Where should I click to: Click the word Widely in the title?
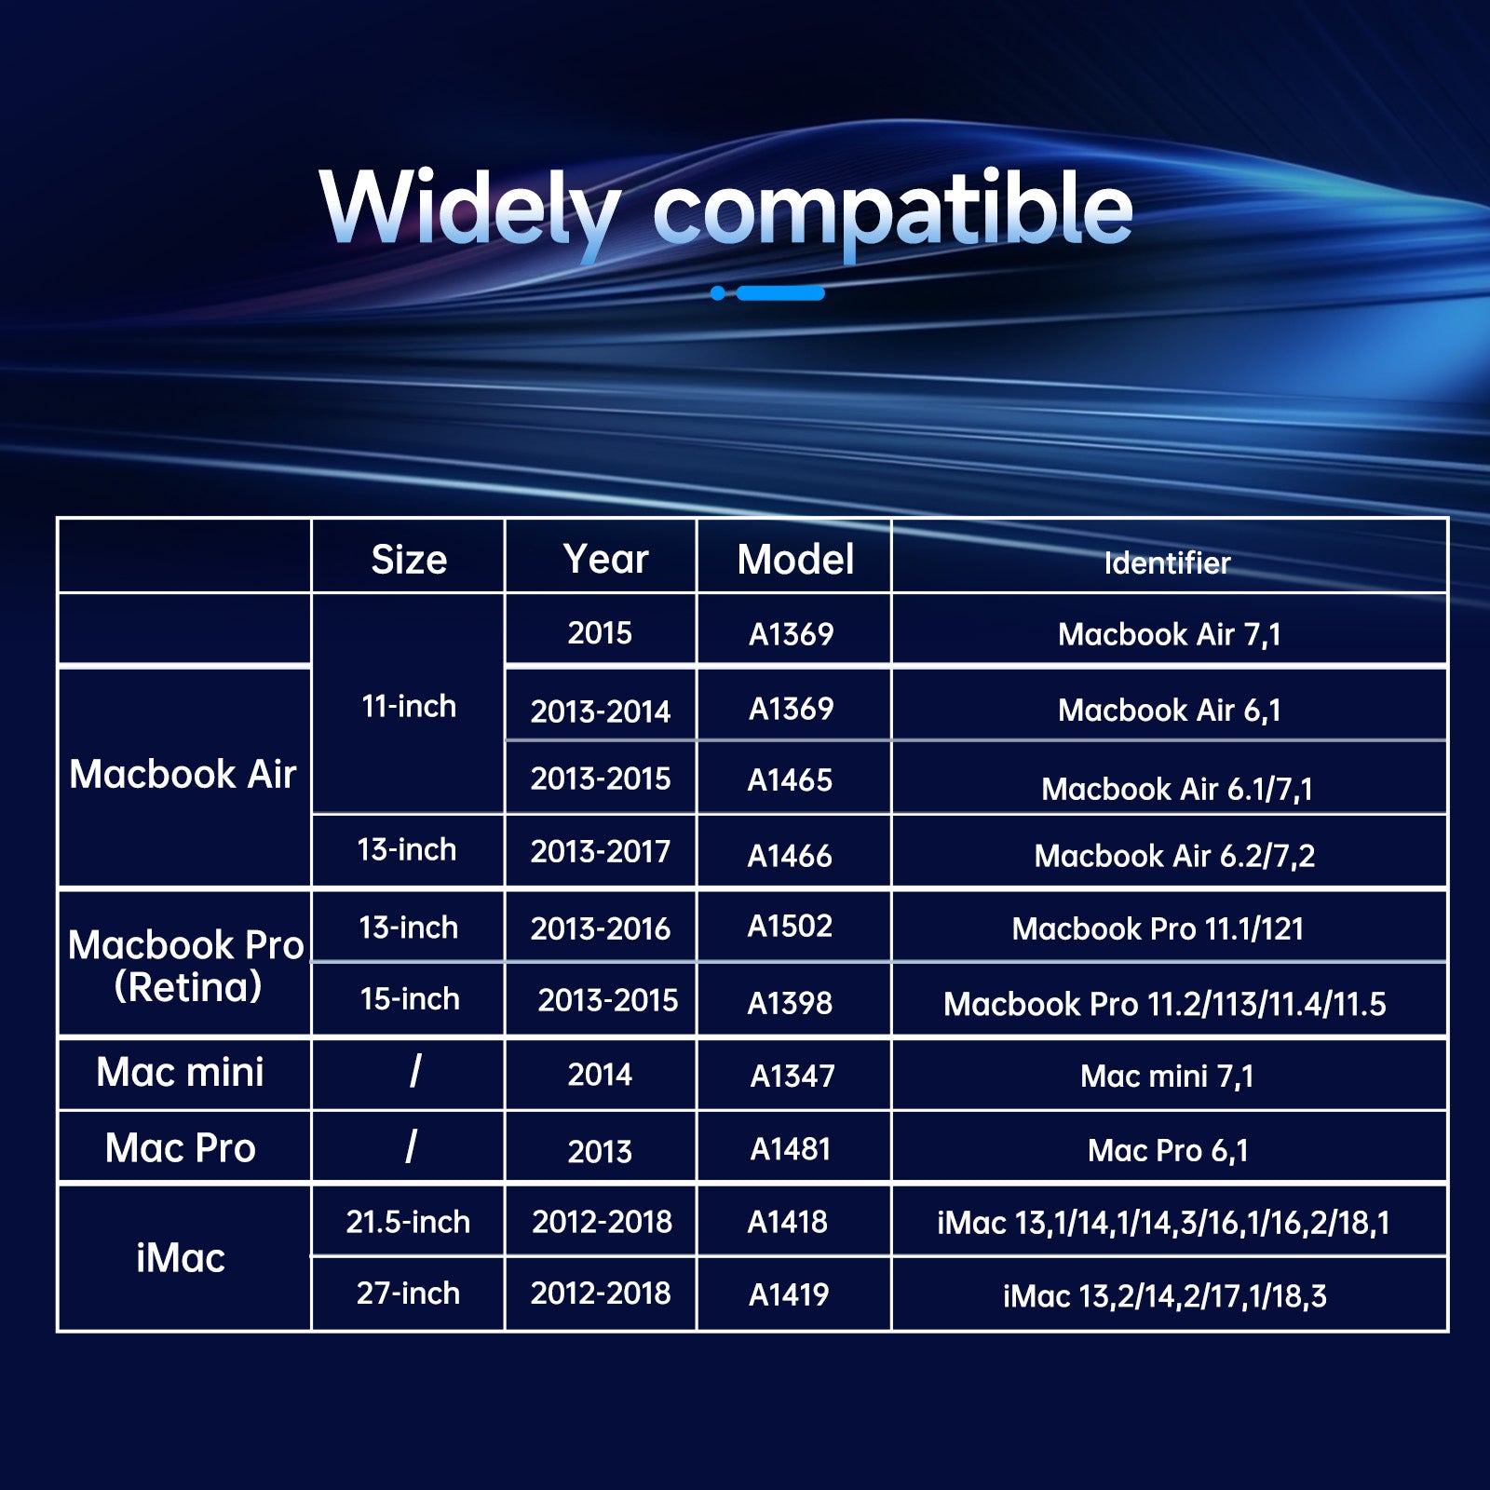pos(470,210)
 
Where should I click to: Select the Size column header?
pos(409,560)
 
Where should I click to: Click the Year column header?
pos(605,559)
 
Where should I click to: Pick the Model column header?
pos(795,560)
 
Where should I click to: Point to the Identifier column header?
pos(1167,562)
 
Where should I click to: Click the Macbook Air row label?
pos(183,774)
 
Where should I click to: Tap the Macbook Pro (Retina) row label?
pos(186,966)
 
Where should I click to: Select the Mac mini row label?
pos(181,1072)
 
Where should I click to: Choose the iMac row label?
pos(181,1258)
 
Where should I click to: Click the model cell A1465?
pos(790,780)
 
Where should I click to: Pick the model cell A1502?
pos(790,926)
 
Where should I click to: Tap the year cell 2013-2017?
pos(601,851)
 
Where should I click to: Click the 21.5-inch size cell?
pos(408,1222)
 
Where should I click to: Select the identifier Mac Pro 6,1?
pos(1168,1151)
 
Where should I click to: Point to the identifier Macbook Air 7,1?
pos(1170,634)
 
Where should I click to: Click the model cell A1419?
pos(789,1294)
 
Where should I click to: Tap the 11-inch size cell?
pos(409,706)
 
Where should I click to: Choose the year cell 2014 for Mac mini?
pos(600,1075)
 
